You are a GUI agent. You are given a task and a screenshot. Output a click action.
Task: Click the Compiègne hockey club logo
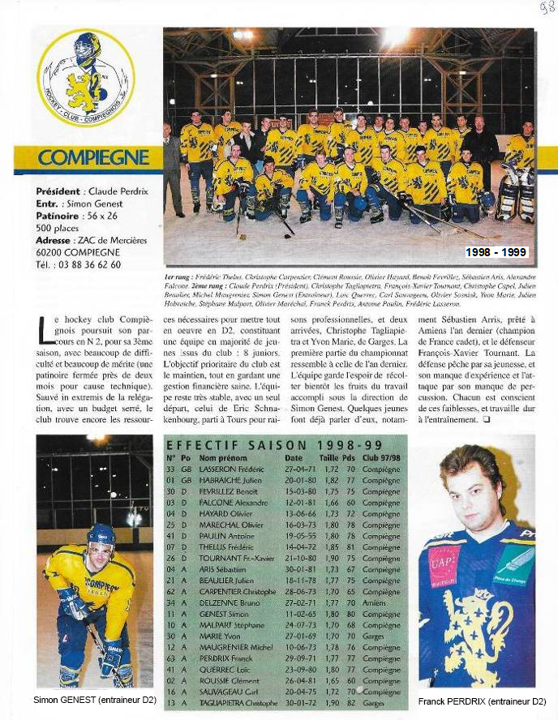tap(86, 77)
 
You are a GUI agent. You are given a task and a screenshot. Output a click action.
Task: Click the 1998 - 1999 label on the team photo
tap(496, 253)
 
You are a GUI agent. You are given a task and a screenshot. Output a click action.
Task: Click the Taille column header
tap(328, 458)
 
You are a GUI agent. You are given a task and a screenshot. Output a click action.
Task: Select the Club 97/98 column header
tap(381, 458)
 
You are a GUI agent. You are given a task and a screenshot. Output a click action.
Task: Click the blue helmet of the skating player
tap(101, 535)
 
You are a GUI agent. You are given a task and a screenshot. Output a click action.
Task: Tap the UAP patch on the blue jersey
tap(444, 562)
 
